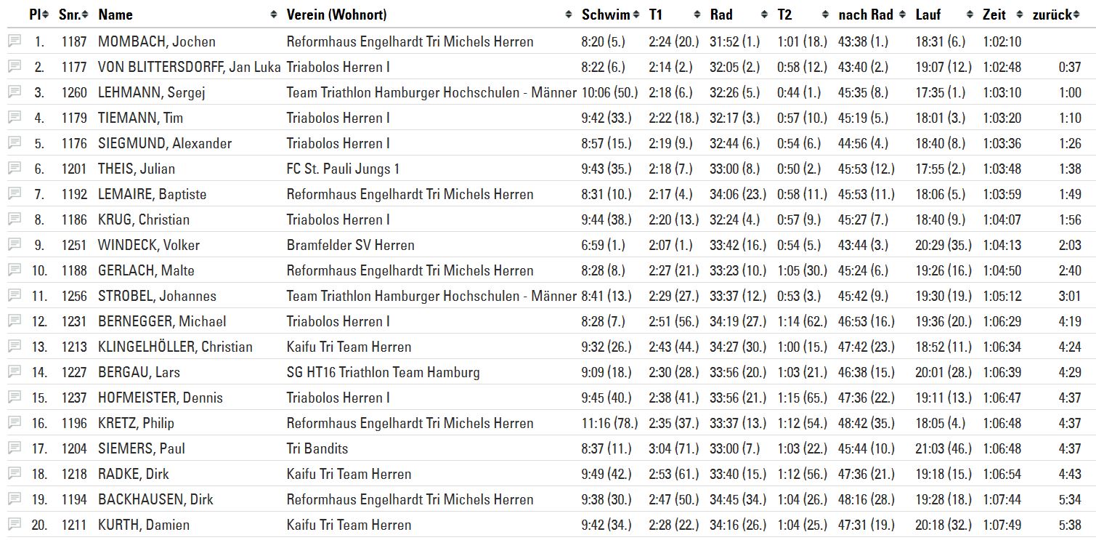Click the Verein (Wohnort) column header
[x=336, y=15]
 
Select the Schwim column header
[x=605, y=15]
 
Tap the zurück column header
[x=1051, y=15]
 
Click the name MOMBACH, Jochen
[x=157, y=41]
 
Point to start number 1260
[x=74, y=92]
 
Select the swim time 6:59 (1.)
[x=604, y=245]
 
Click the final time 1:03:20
[x=1002, y=118]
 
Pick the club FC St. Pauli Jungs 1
[x=343, y=169]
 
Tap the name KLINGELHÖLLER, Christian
[x=175, y=347]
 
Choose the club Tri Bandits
[x=317, y=448]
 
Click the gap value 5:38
[x=1070, y=525]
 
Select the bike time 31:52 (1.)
[x=734, y=41]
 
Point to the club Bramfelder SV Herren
[x=350, y=245]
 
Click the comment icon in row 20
[x=15, y=524]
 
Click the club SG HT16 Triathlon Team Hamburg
[x=383, y=372]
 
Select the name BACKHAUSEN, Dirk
[x=155, y=499]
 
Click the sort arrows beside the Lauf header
[x=970, y=15]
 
